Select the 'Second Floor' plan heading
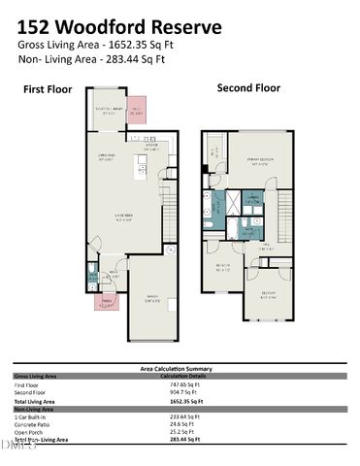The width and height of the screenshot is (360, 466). click(x=247, y=87)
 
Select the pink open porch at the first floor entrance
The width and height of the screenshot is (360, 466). click(x=106, y=301)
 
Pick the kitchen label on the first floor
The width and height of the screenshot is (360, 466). click(x=150, y=149)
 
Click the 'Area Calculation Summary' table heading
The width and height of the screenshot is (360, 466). click(x=179, y=369)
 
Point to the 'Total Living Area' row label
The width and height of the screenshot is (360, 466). click(x=37, y=400)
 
